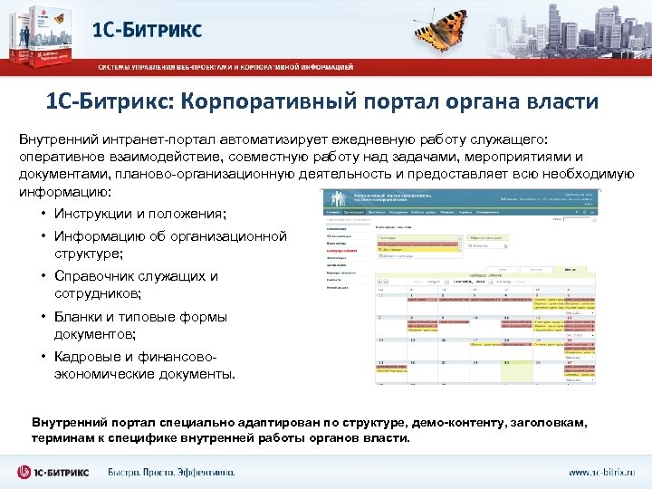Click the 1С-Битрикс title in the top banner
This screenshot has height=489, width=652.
[147, 29]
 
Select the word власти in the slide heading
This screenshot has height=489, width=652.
[557, 101]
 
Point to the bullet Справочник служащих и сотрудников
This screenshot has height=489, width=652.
[136, 285]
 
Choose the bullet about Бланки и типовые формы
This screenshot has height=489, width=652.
[140, 325]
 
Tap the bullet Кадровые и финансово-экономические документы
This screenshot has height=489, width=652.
[145, 365]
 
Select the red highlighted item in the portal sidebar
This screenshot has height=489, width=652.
[341, 250]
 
